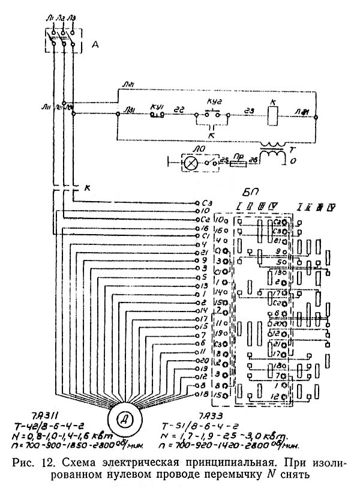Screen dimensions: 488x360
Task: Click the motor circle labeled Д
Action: [127, 418]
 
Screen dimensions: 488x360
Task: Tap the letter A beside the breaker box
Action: [94, 43]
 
